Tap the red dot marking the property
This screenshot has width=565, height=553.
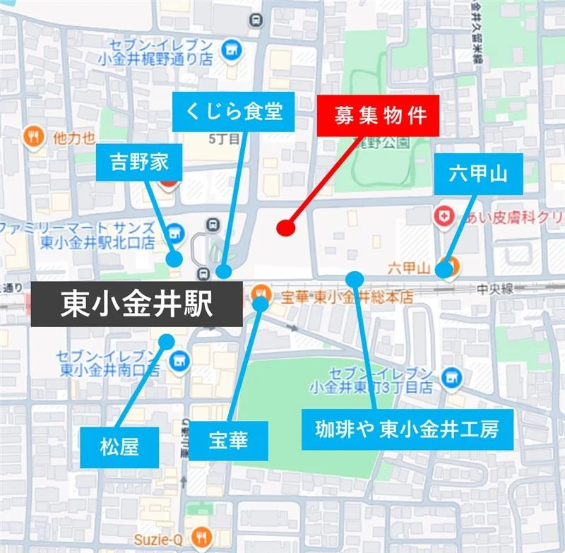(x=285, y=227)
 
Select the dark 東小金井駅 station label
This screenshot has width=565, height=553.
(x=136, y=304)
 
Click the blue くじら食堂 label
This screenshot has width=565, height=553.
(x=234, y=112)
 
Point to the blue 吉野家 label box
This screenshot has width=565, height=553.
(x=139, y=163)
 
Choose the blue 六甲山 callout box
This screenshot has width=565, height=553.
(x=479, y=174)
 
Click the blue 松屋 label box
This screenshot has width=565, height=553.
(x=119, y=446)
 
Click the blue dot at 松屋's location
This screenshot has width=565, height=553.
(x=167, y=341)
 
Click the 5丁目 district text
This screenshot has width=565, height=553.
(x=225, y=139)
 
